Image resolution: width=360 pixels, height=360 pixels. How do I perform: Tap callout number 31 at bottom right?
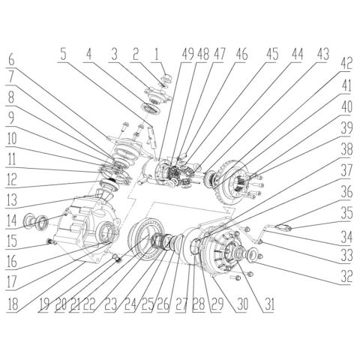click(262, 306)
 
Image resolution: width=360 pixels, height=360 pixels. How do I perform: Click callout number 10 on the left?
click(12, 139)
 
